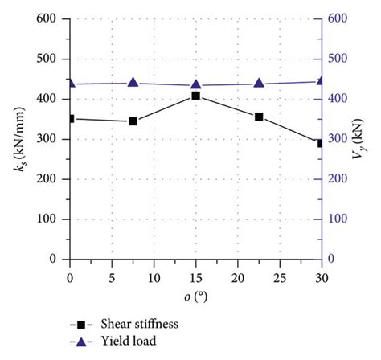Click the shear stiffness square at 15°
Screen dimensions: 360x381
(195, 96)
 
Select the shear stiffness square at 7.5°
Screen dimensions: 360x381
(133, 121)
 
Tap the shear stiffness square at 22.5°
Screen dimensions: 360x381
(259, 117)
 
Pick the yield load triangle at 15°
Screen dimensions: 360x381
(195, 84)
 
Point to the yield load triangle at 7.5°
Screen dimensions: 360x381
(133, 82)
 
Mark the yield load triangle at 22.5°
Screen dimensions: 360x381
(259, 83)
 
